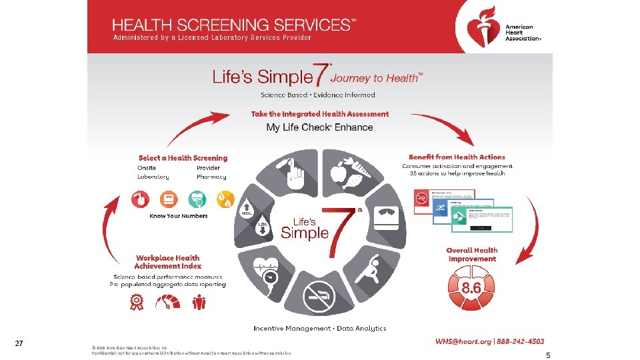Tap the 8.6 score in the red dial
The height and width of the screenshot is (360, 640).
[472, 287]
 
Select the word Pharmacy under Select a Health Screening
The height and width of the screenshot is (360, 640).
[211, 177]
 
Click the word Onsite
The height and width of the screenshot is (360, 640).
[147, 168]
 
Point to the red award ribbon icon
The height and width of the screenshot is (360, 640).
[137, 303]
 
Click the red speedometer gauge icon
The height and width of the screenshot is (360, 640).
[167, 303]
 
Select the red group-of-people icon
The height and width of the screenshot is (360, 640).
[199, 303]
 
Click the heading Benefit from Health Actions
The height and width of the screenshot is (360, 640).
[457, 157]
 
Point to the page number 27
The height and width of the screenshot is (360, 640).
[19, 343]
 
